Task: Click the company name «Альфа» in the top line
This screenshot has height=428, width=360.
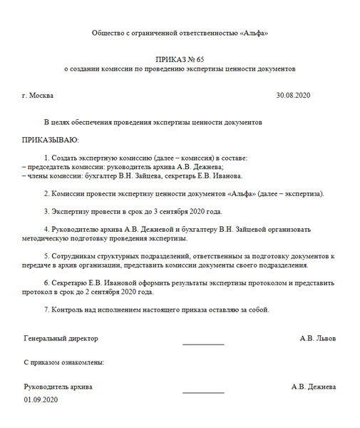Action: tap(252, 34)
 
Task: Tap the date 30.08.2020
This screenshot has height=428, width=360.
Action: tap(294, 95)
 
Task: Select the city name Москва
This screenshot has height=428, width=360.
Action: tap(41, 95)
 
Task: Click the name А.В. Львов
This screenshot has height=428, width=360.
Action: tap(318, 338)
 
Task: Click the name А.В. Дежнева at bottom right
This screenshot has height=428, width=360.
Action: tap(314, 387)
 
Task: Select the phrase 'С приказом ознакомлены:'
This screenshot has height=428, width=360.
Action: tap(64, 362)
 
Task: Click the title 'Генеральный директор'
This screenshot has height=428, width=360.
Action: tap(61, 338)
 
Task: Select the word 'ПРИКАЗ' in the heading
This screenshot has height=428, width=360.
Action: tap(170, 58)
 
